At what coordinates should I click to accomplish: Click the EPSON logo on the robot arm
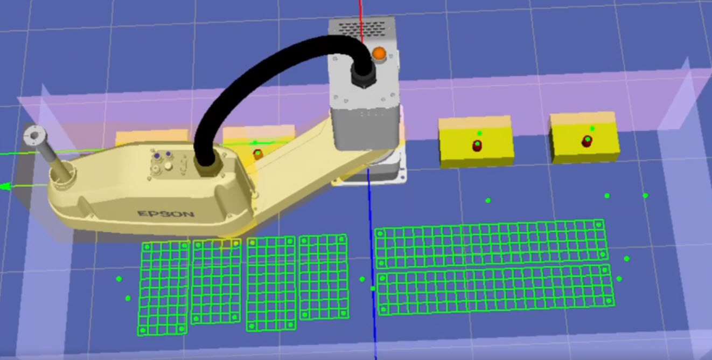pyautogui.click(x=165, y=214)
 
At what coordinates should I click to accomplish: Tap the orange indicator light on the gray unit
pyautogui.click(x=380, y=53)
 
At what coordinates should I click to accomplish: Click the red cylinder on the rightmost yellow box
pyautogui.click(x=587, y=142)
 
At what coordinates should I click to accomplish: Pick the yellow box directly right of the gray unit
pyautogui.click(x=475, y=144)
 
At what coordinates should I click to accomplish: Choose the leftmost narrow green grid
pyautogui.click(x=164, y=287)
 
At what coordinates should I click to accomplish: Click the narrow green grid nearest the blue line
pyautogui.click(x=323, y=276)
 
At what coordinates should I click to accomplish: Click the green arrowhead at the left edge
pyautogui.click(x=5, y=187)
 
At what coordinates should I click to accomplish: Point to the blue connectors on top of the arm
pyautogui.click(x=162, y=155)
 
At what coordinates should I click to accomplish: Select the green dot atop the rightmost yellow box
pyautogui.click(x=592, y=128)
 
